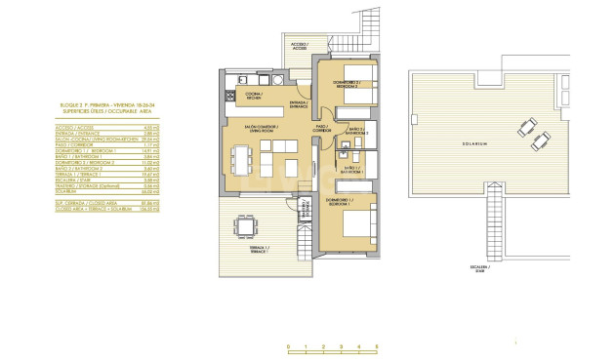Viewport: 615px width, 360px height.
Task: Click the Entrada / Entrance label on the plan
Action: (299, 104)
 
